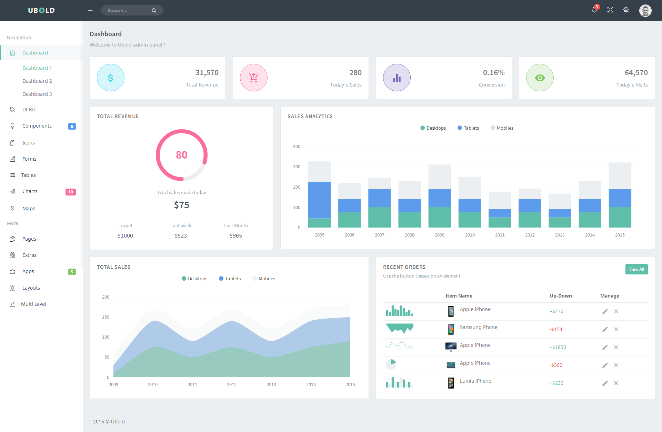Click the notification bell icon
(594, 10)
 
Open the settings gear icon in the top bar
(626, 10)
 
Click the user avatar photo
(645, 10)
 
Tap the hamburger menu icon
(90, 10)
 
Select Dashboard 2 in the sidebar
(37, 81)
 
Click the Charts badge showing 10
(71, 192)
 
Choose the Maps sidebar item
(29, 209)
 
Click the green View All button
(636, 269)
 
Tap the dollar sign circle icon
(111, 78)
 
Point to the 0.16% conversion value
(494, 73)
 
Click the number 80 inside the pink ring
(182, 155)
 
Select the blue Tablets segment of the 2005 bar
(319, 200)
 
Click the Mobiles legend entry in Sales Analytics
(502, 128)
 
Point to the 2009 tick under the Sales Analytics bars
(440, 235)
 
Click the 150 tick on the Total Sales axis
(106, 317)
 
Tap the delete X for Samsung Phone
(616, 329)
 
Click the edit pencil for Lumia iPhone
(605, 383)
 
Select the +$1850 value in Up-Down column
(558, 347)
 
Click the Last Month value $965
(236, 235)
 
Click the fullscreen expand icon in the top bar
(610, 10)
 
